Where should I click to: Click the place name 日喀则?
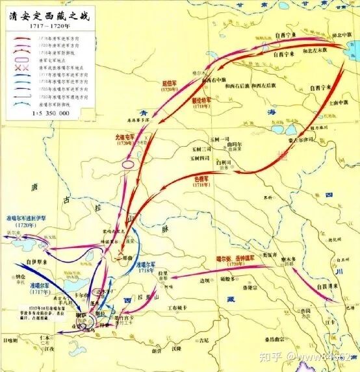pyautogui.click(x=12, y=340)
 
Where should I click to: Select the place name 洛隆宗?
pyautogui.click(x=254, y=286)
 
